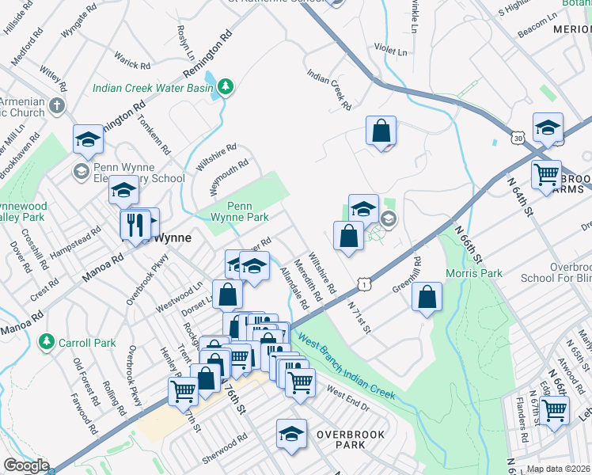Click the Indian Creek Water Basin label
pos(153,88)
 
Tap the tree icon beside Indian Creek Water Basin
pos(226,85)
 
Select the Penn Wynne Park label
pos(244,212)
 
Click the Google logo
pos(25,465)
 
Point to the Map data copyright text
pos(559,469)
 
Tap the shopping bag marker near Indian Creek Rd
pos(381,130)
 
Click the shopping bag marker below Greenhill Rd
pos(427,297)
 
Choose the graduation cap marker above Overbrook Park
pos(291,433)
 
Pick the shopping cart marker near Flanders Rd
pos(554,410)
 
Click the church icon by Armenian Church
pos(57,105)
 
